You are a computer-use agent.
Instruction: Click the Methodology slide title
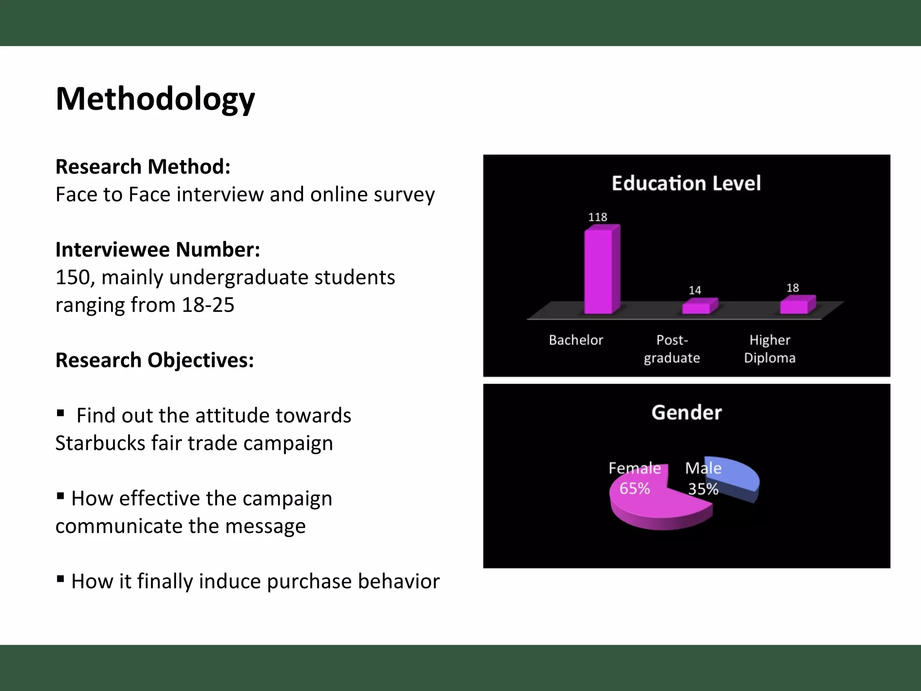point(155,99)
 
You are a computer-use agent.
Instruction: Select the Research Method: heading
point(143,167)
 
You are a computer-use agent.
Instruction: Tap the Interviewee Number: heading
point(158,250)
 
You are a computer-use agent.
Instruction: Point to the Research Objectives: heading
point(155,360)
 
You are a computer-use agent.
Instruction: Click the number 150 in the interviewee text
point(72,278)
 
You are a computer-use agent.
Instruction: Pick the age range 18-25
point(208,305)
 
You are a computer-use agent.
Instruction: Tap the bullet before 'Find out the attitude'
point(61,413)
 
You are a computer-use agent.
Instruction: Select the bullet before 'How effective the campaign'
point(61,496)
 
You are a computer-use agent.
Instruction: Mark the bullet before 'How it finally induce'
point(61,579)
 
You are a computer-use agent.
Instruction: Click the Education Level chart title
point(686,184)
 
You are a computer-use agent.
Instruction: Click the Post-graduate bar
point(697,307)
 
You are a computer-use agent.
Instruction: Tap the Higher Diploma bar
point(795,305)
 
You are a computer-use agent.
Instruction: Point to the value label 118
point(598,217)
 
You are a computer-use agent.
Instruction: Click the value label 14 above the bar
point(695,291)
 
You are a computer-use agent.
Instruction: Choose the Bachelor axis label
point(576,340)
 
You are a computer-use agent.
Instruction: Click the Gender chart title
point(687,413)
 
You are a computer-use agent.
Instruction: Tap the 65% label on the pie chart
point(635,489)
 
